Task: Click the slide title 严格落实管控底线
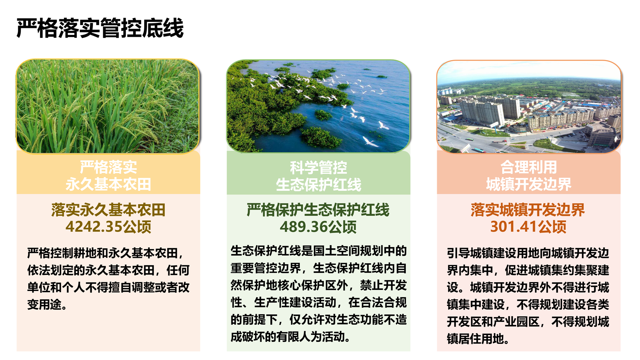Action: [x=100, y=28]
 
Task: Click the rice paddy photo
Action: [x=108, y=106]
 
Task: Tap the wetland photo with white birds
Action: [x=319, y=106]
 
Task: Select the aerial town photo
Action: [x=529, y=107]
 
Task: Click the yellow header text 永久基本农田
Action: [x=108, y=184]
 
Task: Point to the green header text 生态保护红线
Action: [x=319, y=185]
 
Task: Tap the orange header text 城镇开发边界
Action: [x=529, y=184]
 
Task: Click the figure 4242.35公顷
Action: [x=108, y=227]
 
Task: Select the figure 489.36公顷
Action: [x=318, y=227]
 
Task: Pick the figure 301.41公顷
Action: [x=528, y=227]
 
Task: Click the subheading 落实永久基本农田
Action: [x=108, y=210]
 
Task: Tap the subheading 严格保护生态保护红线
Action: [x=318, y=210]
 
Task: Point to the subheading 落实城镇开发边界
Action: [x=528, y=210]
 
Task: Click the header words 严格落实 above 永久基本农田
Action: [x=108, y=167]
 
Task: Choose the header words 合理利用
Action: [x=529, y=167]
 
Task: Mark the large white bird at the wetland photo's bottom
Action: [x=370, y=142]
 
